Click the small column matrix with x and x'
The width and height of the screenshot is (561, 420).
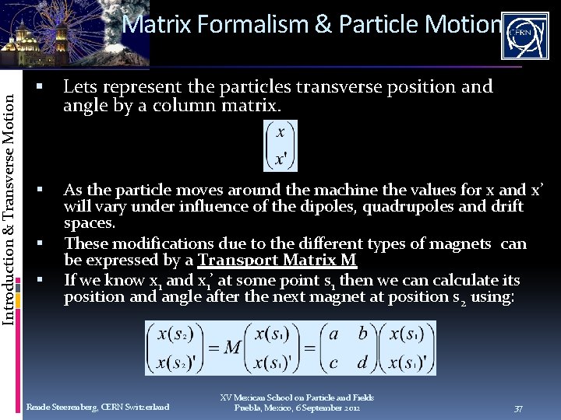281,145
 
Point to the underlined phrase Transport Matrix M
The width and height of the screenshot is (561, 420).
277,261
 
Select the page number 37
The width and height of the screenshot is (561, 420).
519,408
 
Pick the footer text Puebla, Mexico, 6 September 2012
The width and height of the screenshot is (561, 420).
297,408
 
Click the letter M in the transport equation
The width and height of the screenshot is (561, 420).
232,348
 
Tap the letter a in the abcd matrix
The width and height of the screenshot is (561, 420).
333,334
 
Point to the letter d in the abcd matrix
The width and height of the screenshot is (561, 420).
362,362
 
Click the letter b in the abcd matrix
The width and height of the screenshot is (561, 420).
362,334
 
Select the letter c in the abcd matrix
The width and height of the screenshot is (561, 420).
333,362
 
